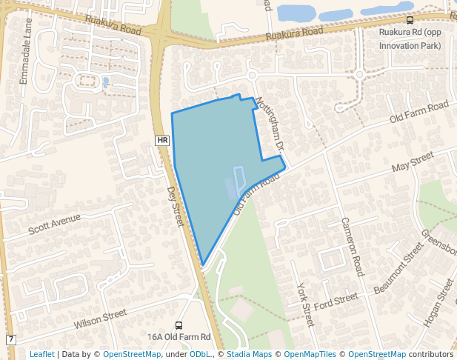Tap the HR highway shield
pos(163,140)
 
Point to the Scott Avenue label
pos(54,224)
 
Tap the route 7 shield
pos(10,339)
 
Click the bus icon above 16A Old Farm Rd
pos(179,325)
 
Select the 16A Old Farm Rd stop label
pos(179,337)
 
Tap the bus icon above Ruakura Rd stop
pos(410,21)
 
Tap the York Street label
pos(304,304)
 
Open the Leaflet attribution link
pos(41,354)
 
